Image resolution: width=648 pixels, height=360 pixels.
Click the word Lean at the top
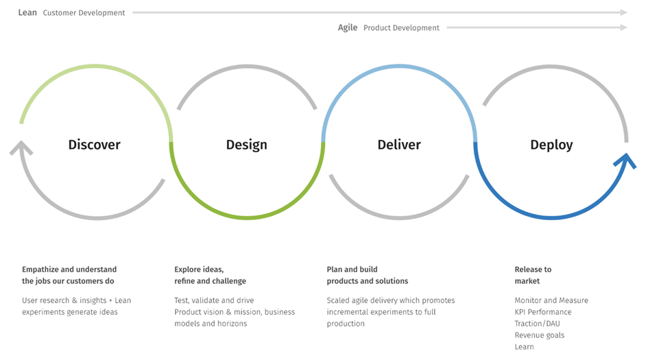click(x=27, y=12)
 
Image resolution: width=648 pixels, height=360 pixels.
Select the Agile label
click(x=348, y=27)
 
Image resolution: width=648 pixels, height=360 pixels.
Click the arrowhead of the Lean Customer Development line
click(x=624, y=12)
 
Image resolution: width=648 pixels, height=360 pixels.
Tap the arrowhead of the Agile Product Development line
click(x=624, y=27)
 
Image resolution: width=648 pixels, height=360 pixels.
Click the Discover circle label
click(x=94, y=145)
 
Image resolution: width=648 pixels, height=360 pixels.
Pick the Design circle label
click(x=246, y=145)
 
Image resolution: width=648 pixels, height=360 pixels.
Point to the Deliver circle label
click(x=399, y=145)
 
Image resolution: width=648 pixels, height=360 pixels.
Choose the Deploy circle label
click(x=551, y=145)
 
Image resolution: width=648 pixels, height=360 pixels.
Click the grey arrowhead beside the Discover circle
click(x=21, y=147)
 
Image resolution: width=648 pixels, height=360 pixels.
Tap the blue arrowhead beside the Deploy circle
click(x=625, y=160)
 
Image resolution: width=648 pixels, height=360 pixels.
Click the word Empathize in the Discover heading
click(x=40, y=269)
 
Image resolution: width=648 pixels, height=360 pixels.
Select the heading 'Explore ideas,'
click(x=199, y=269)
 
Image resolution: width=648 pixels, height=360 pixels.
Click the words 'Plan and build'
click(x=352, y=269)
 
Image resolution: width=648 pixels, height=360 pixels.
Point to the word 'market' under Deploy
click(x=527, y=281)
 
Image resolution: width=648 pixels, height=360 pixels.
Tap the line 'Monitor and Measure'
click(x=551, y=300)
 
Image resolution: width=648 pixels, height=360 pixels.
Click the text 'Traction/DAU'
click(x=537, y=324)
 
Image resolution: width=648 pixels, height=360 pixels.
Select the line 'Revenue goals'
click(x=539, y=335)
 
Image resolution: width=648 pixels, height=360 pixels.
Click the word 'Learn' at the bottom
click(x=524, y=347)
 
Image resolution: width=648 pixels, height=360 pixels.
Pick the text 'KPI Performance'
click(x=543, y=312)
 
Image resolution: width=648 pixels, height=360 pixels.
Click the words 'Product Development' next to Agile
click(x=401, y=27)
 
